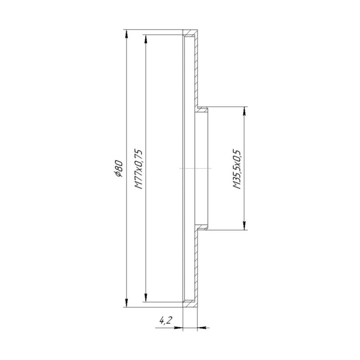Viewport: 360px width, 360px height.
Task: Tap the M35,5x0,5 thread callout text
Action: click(x=237, y=168)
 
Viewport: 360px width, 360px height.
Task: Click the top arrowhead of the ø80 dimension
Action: click(x=126, y=33)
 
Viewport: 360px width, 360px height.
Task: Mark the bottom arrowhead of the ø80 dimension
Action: click(x=126, y=303)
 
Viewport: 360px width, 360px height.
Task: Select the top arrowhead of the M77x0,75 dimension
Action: click(x=145, y=39)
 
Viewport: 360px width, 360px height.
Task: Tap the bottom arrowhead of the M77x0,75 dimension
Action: click(x=145, y=298)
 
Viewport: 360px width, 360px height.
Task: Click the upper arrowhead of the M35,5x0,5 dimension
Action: click(x=244, y=111)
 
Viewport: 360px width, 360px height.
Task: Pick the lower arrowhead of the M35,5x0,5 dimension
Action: click(x=244, y=226)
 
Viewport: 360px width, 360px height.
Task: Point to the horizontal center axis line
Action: click(x=195, y=168)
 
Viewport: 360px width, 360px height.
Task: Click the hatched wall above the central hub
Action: click(x=197, y=72)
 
